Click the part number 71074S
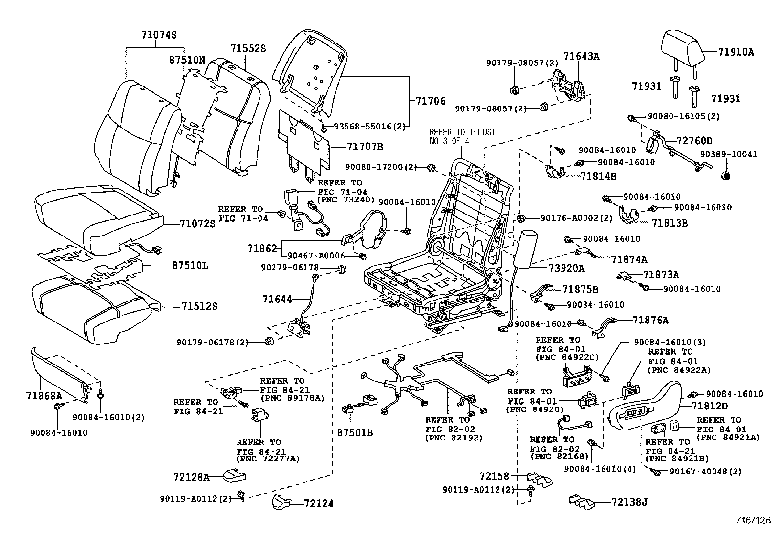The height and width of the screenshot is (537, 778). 159,35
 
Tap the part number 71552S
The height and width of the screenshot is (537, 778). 248,48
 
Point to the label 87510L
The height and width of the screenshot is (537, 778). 190,266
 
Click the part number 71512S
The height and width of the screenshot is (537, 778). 199,306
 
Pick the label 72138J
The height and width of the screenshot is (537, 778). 629,501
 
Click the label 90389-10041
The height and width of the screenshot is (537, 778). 728,154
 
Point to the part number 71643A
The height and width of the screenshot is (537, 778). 581,56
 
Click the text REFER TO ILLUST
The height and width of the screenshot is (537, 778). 462,132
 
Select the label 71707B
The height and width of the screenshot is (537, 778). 365,146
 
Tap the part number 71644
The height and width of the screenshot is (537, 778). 277,299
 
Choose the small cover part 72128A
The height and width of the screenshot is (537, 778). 234,475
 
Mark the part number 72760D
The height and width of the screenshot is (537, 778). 694,141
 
